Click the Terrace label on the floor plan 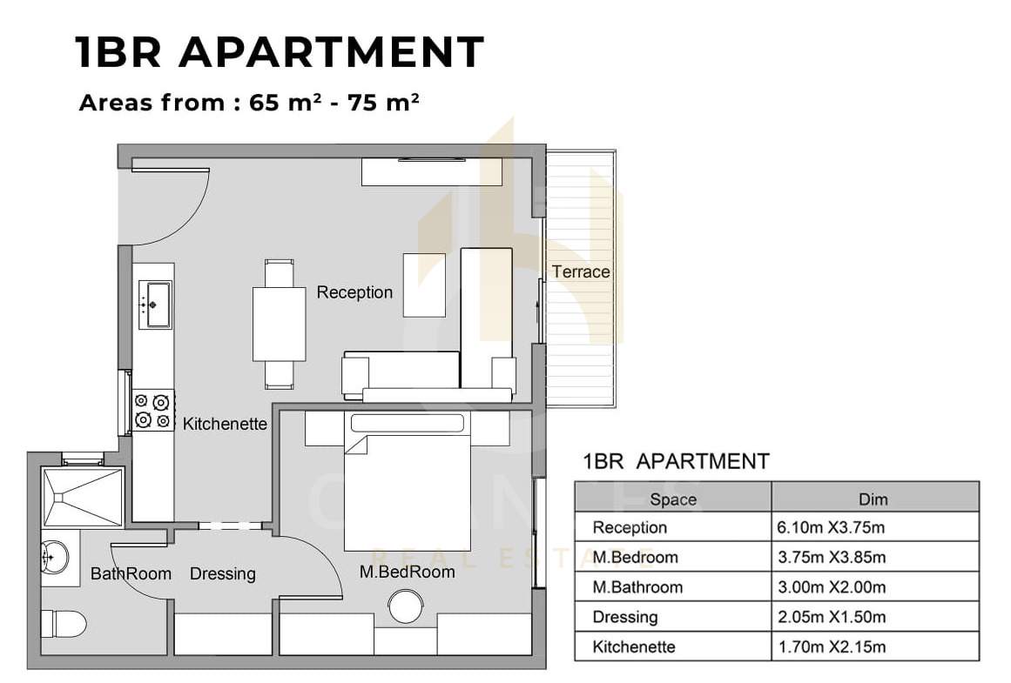(x=580, y=272)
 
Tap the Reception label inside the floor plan (x=354, y=292)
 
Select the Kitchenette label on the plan (x=225, y=424)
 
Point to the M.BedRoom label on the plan (x=408, y=572)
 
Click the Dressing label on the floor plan (x=222, y=573)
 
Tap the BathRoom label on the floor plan (x=131, y=573)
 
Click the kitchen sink (x=155, y=305)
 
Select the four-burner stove (x=152, y=411)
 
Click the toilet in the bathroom (x=64, y=624)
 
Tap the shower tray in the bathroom (x=82, y=498)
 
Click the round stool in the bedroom (x=406, y=606)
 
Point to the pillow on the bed (x=408, y=423)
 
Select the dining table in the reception (x=279, y=325)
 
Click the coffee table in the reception (x=424, y=285)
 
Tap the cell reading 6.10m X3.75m (x=831, y=528)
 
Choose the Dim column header (x=873, y=499)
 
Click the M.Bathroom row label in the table (x=637, y=587)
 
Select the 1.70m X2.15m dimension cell (x=832, y=647)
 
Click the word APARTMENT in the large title (x=332, y=52)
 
